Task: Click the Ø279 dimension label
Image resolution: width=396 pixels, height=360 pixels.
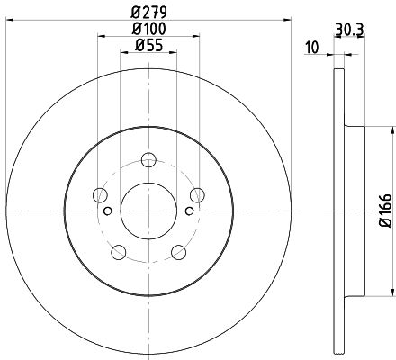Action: coord(148,13)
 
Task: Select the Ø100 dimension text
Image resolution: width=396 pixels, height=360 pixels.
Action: coord(148,29)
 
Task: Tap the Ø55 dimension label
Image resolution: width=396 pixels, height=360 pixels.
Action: coord(148,46)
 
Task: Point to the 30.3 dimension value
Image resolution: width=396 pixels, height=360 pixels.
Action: coord(349,30)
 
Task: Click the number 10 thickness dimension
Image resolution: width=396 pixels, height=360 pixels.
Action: coord(312,48)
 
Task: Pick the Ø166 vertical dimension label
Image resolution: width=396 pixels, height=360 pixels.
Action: coord(386,211)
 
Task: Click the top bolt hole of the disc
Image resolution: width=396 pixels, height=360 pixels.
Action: coord(148,159)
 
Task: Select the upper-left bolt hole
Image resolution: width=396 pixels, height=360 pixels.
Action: coord(100,195)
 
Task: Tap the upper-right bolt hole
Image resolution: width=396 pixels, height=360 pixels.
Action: coord(197,195)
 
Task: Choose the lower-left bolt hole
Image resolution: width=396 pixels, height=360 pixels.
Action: coord(119,252)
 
